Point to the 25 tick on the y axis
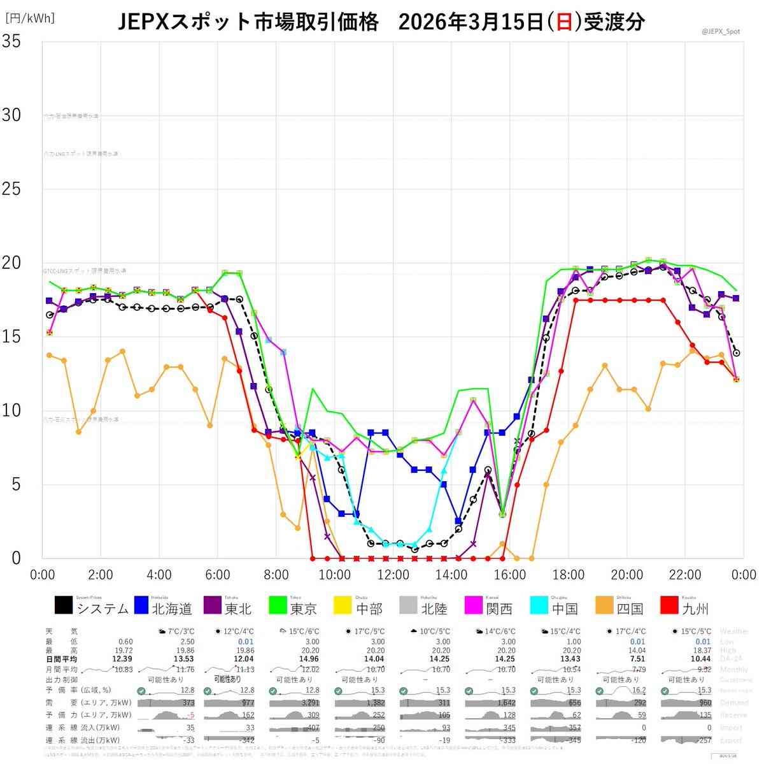tap(11, 189)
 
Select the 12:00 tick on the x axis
tap(393, 574)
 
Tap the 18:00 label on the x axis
tap(569, 574)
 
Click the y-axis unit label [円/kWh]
tap(30, 18)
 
